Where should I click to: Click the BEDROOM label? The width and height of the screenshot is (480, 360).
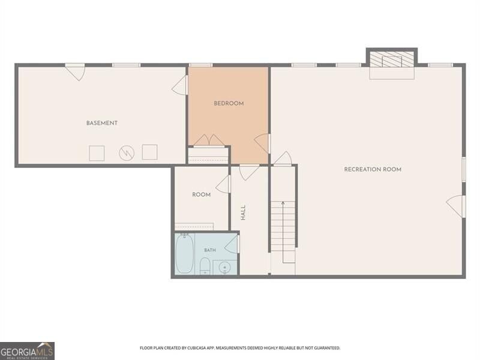(229, 103)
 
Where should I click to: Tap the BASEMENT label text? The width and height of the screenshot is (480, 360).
(101, 123)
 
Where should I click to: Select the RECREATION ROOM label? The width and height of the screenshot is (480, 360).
(373, 169)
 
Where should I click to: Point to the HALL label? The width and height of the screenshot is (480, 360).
(243, 213)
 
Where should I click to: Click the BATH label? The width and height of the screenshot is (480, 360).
(210, 250)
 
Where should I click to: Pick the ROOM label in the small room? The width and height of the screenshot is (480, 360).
(201, 194)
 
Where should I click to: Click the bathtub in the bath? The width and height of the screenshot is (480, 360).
(184, 253)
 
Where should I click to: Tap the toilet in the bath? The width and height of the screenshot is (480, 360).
(205, 266)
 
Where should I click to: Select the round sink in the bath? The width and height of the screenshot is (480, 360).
(224, 268)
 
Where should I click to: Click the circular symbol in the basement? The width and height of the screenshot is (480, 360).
(127, 153)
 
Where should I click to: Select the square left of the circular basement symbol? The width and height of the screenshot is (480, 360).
(97, 154)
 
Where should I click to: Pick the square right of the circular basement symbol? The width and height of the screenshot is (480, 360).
(149, 152)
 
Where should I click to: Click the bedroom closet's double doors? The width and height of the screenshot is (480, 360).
(209, 141)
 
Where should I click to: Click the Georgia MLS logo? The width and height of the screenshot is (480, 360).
(27, 351)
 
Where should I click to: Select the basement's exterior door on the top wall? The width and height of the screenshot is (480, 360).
(76, 72)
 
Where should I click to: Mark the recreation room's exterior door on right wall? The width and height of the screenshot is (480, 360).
(456, 206)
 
